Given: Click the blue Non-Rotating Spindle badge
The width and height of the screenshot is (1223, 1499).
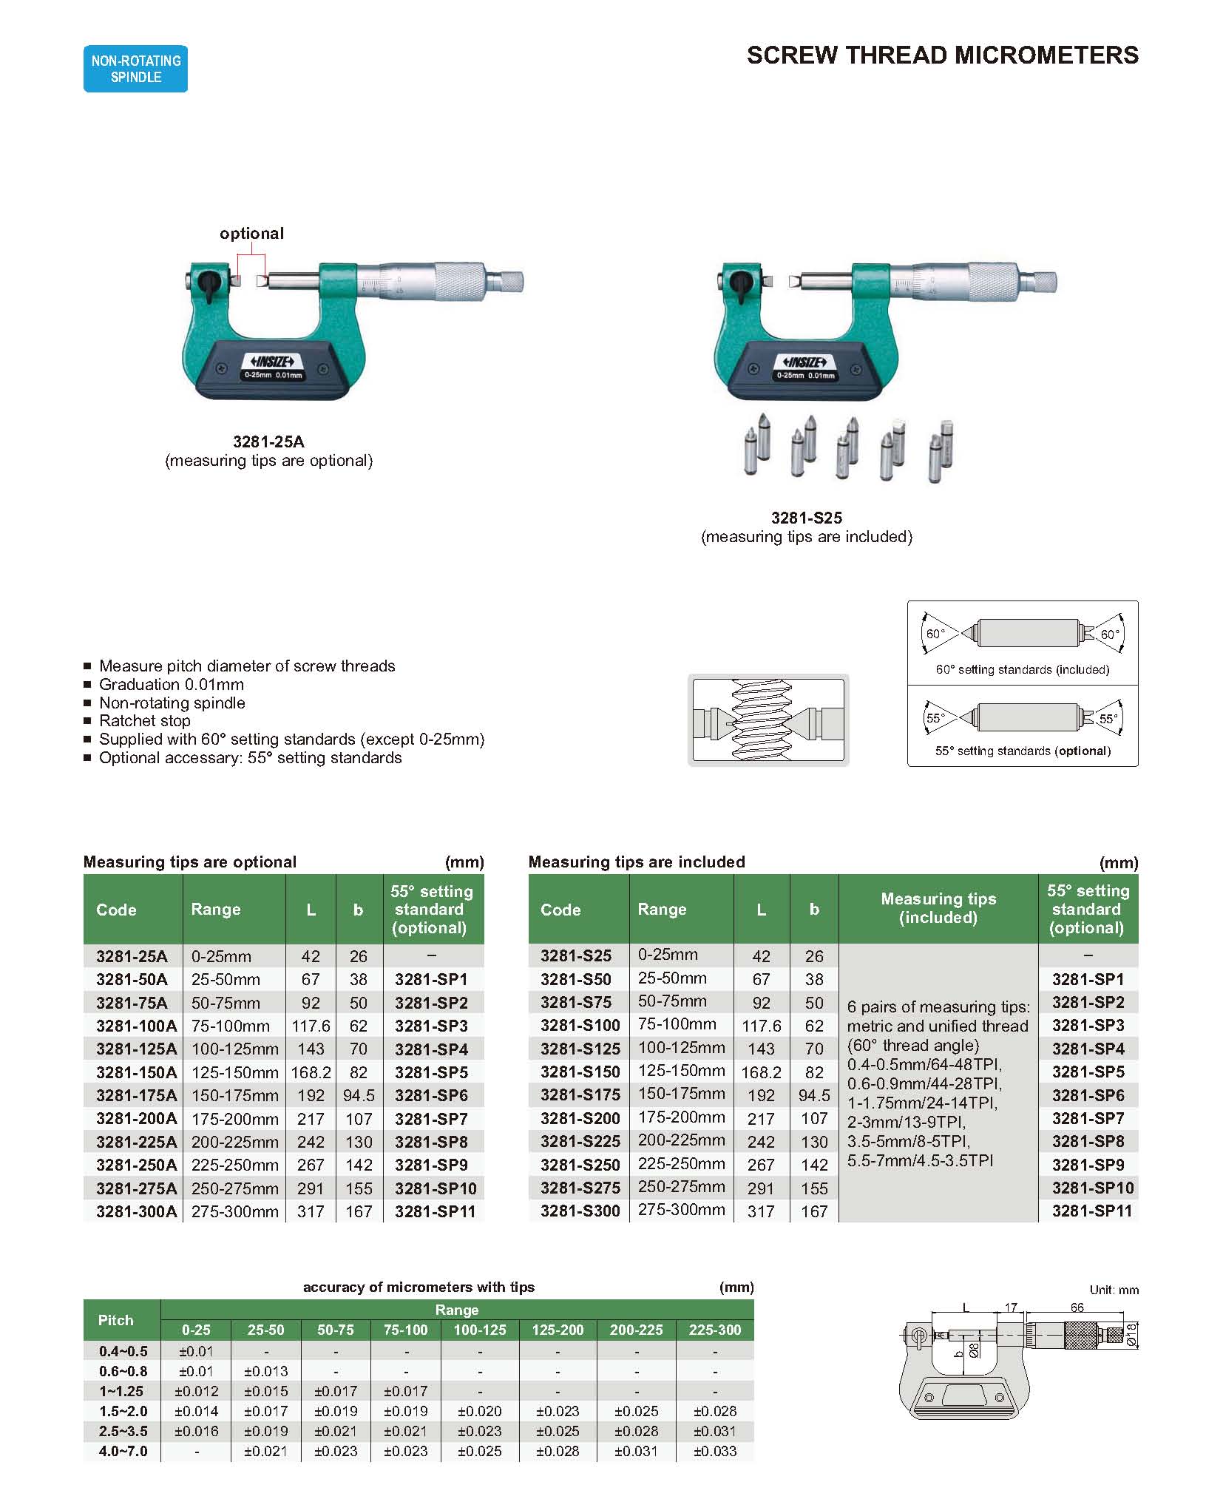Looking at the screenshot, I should (135, 69).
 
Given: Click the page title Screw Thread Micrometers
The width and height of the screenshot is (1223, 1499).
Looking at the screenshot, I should (942, 55).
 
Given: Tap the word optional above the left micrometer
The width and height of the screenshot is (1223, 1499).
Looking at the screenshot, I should (251, 234).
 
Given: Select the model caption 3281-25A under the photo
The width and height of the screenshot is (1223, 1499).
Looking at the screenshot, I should (268, 442).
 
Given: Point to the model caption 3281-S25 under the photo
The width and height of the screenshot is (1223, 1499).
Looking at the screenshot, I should (806, 518).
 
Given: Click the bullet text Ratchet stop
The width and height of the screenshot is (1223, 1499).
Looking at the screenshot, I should (145, 721).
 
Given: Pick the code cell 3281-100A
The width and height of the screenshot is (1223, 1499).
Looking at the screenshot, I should (136, 1026).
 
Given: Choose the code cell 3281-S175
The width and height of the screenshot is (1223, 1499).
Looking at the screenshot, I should (580, 1095).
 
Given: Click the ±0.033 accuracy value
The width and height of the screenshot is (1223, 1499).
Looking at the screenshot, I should (714, 1451).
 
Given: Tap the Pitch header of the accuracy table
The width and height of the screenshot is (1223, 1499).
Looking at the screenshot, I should (116, 1320).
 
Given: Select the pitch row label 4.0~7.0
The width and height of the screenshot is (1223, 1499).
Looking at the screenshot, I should (123, 1451).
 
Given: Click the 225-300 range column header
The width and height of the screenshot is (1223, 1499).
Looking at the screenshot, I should (714, 1330).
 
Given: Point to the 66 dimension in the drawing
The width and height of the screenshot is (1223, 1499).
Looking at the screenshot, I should (1077, 1307).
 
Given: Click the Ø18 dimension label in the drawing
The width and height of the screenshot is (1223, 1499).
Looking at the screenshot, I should (1131, 1335).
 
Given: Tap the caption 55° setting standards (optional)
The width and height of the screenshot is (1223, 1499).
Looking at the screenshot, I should (1023, 751).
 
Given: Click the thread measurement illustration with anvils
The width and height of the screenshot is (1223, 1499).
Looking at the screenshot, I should (768, 720).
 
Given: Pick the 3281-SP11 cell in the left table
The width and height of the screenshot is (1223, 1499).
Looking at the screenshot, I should (434, 1211).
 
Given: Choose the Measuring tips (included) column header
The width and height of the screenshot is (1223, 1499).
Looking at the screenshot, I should (938, 908).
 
